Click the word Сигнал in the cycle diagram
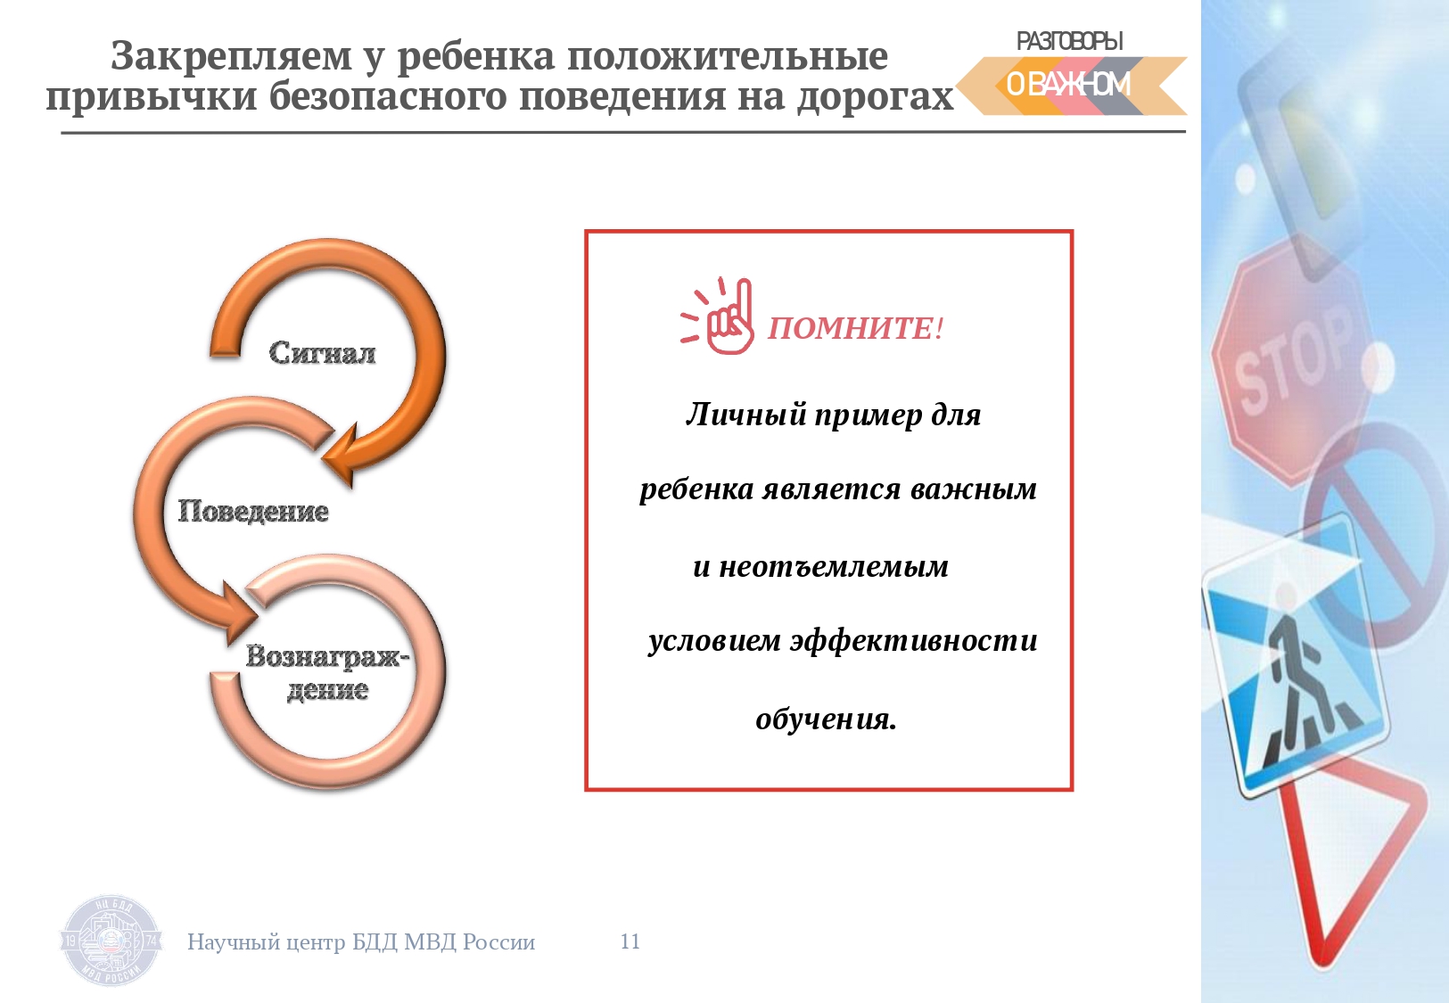click(322, 353)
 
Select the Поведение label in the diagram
click(253, 512)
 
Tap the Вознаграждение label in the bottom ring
click(327, 673)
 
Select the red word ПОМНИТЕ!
click(856, 328)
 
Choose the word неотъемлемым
click(834, 567)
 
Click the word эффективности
click(914, 641)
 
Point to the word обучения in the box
click(826, 718)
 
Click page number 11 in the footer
click(630, 941)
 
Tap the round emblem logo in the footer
click(111, 941)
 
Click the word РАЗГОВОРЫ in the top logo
click(1070, 41)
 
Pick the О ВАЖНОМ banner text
click(1068, 85)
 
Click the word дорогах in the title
click(876, 97)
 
